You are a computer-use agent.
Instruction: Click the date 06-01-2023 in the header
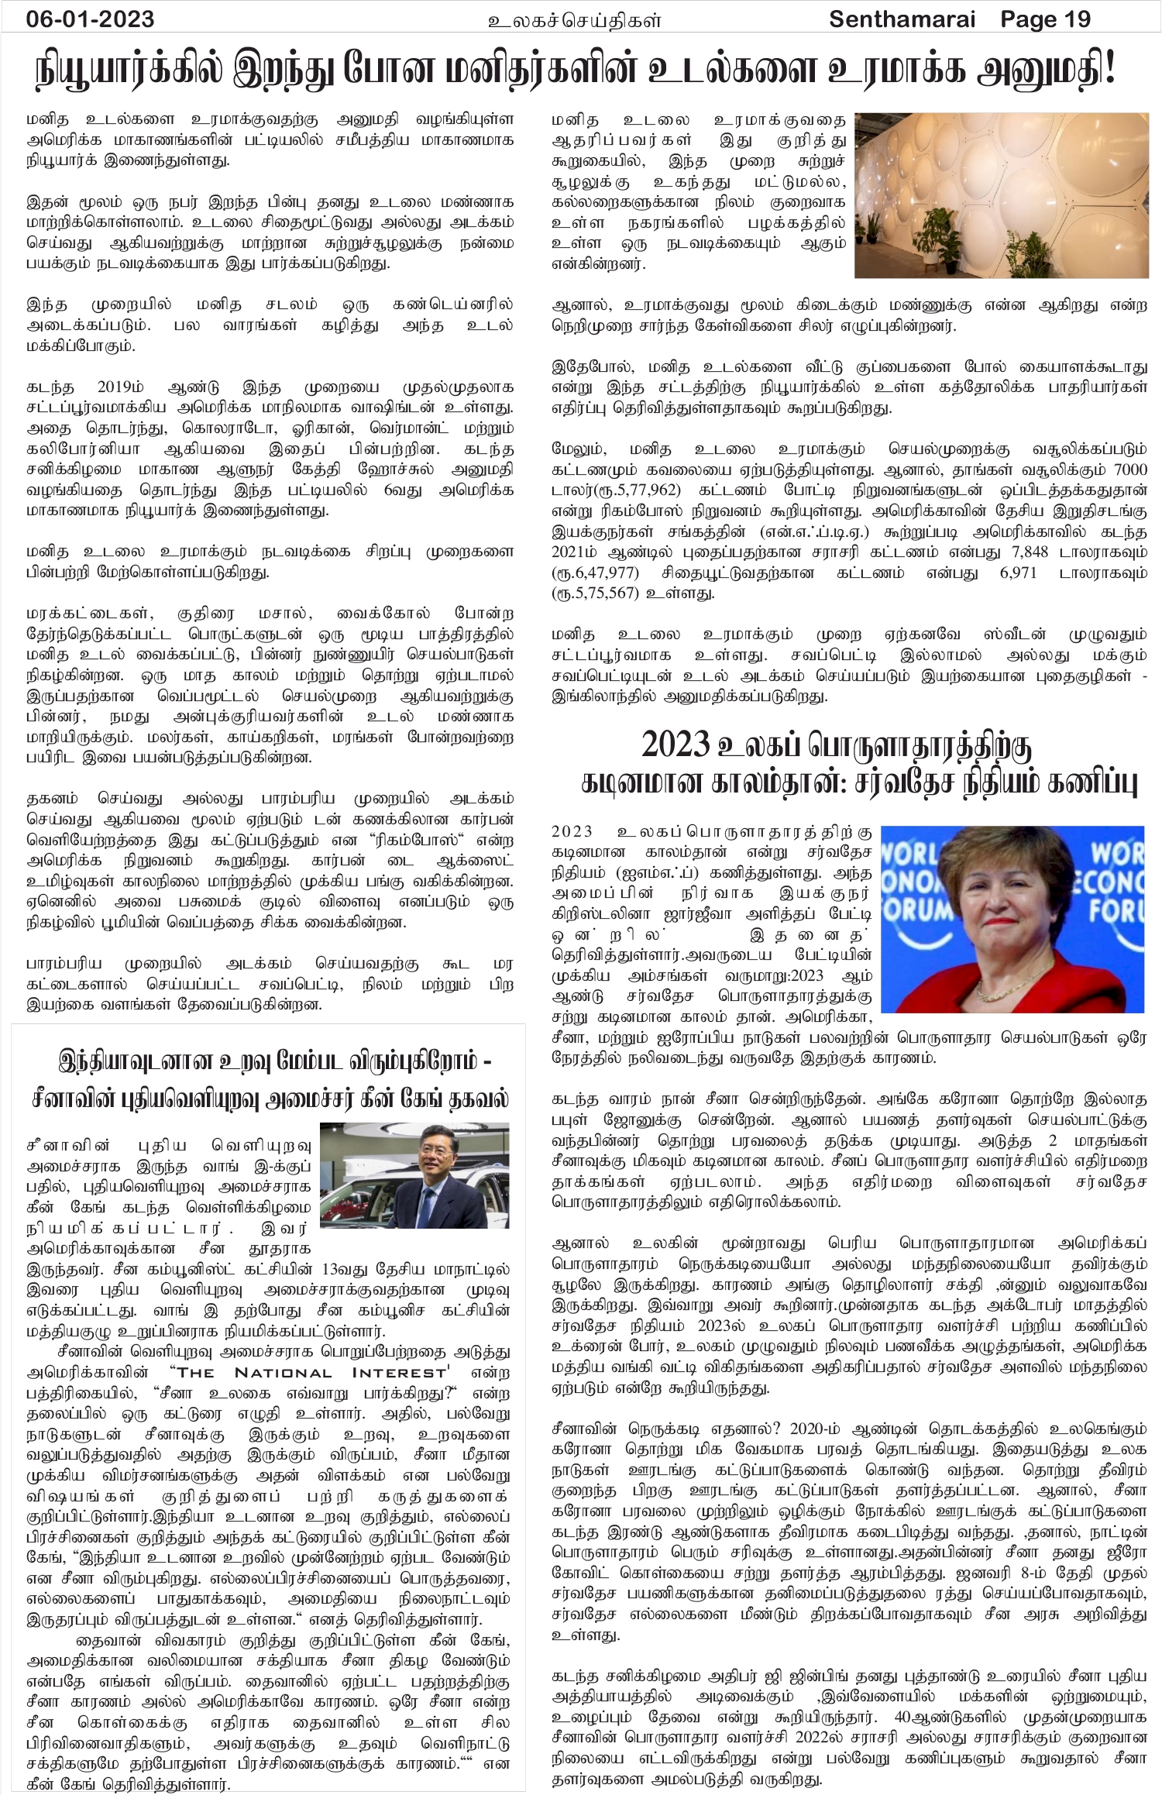coord(90,19)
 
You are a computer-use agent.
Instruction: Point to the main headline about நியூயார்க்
coord(577,73)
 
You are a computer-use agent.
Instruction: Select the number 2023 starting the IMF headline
coord(676,744)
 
